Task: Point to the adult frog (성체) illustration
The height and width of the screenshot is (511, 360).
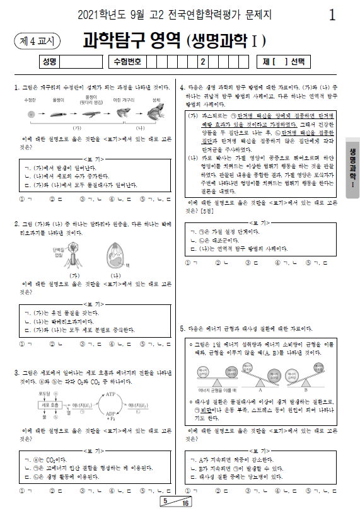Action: click(x=155, y=113)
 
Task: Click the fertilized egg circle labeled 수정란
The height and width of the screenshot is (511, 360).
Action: click(x=30, y=114)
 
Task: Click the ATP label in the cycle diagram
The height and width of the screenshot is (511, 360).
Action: click(x=112, y=394)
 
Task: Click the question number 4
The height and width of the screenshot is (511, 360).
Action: click(x=182, y=87)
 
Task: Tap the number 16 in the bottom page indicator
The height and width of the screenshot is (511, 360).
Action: click(x=185, y=504)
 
